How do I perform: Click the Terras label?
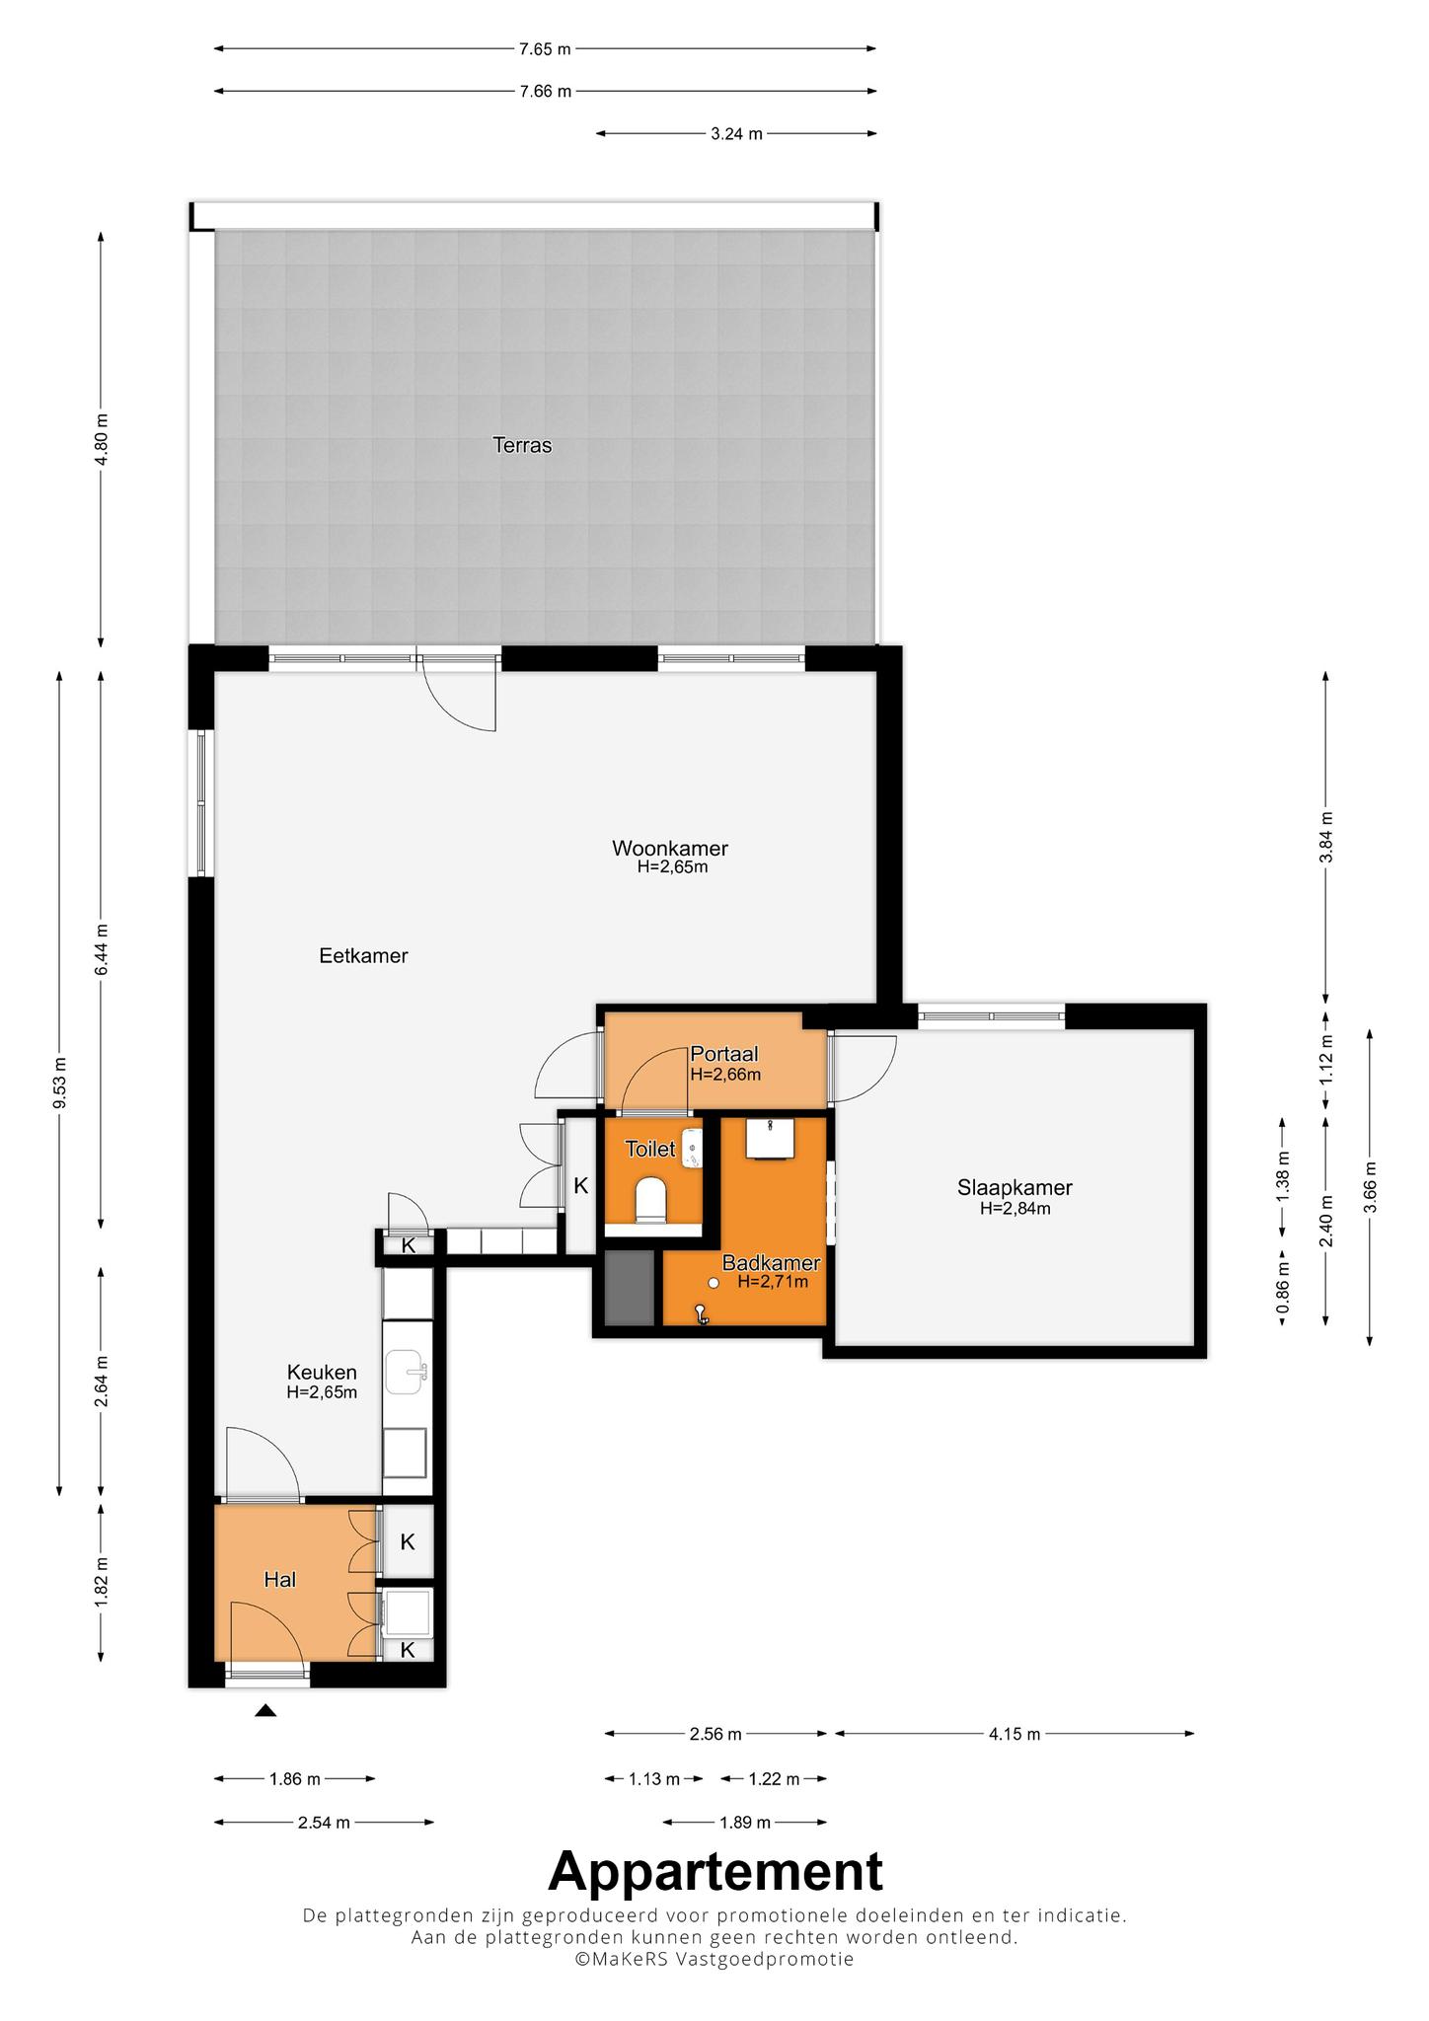[x=522, y=445]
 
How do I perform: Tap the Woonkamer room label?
[x=670, y=848]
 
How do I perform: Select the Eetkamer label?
[x=363, y=955]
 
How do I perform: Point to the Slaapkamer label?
[x=1015, y=1188]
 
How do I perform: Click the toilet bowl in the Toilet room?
[x=651, y=1200]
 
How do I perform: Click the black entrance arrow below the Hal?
[x=265, y=1710]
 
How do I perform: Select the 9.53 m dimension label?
[x=60, y=1083]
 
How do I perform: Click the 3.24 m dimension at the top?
[x=736, y=134]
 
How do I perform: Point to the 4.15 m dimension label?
[x=1015, y=1734]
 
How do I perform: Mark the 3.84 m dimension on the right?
[x=1326, y=837]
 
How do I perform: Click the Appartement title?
[x=715, y=1871]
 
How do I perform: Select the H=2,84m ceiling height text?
[x=1015, y=1208]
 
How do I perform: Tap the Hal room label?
[x=280, y=1580]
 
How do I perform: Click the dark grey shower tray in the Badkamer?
[x=629, y=1288]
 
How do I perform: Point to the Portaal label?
[x=724, y=1054]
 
